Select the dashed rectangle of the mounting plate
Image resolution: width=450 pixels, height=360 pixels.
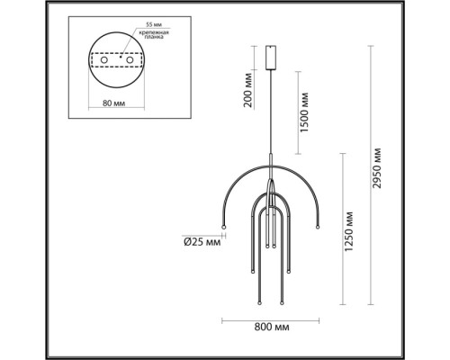[114, 59]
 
